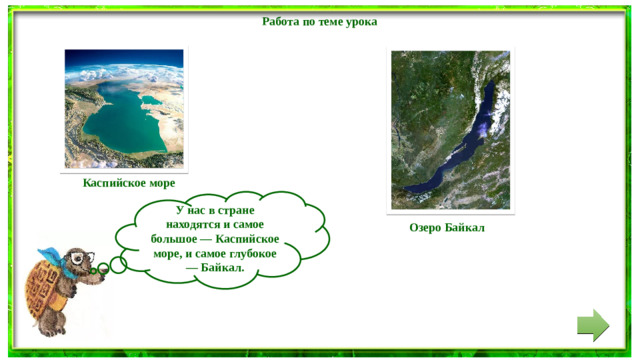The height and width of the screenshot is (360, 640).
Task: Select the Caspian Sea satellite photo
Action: pyautogui.click(x=124, y=109)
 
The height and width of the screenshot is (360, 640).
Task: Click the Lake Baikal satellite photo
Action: pyautogui.click(x=452, y=131)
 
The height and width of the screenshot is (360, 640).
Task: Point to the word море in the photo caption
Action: pyautogui.click(x=157, y=183)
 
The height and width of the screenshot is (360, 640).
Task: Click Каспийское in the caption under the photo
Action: pyautogui.click(x=110, y=183)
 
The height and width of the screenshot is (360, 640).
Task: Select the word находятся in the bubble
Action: pyautogui.click(x=192, y=226)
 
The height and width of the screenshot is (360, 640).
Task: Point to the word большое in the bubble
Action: pyautogui.click(x=175, y=240)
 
